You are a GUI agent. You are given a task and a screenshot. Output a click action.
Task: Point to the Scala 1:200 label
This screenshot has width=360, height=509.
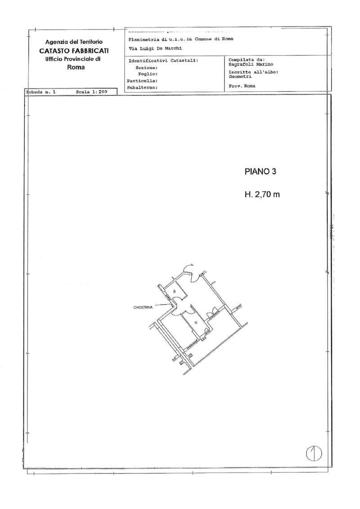(x=91, y=91)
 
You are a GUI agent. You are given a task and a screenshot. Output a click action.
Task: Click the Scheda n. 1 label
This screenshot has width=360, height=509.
(x=41, y=91)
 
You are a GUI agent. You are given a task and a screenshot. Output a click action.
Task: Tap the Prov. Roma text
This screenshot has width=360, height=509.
(x=242, y=86)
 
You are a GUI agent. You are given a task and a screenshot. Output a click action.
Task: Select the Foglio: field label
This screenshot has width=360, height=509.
(x=147, y=73)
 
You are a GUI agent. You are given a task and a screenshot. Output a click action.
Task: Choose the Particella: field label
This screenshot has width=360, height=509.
(x=142, y=80)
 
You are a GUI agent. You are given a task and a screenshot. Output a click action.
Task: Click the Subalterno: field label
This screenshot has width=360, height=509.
(x=143, y=87)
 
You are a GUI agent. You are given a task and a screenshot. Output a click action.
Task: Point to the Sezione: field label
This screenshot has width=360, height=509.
(x=146, y=67)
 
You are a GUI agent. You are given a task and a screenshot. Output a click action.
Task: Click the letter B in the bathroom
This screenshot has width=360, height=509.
(x=174, y=292)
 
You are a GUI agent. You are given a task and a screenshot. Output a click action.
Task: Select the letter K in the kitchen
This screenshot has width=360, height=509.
(x=196, y=322)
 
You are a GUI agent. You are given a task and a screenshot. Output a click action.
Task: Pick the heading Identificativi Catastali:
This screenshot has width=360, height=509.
(x=163, y=60)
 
